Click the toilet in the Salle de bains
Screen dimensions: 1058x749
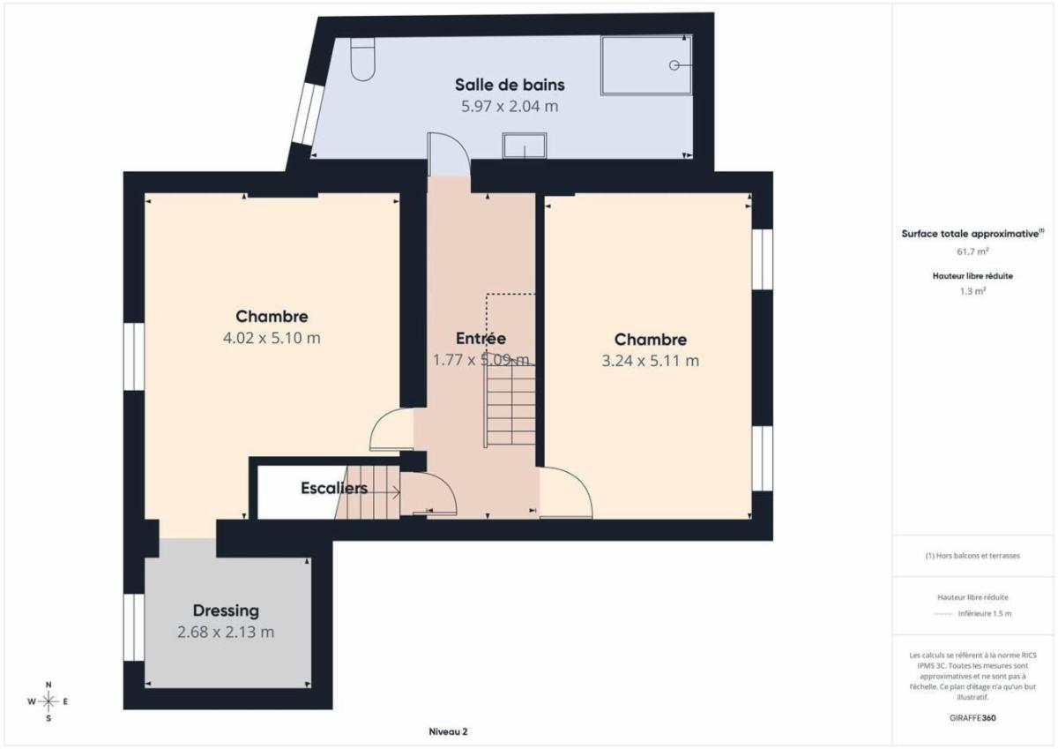coord(362,59)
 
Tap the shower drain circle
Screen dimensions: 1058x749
coord(674,65)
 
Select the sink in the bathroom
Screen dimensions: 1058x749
coord(525,146)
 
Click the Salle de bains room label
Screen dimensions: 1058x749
coord(510,85)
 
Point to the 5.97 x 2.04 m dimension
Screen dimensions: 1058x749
coord(510,107)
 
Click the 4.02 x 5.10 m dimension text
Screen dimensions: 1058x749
coord(272,338)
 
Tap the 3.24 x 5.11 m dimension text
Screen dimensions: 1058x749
coord(650,361)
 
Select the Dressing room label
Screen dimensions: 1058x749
coord(226,610)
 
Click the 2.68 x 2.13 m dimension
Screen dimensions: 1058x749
coord(226,632)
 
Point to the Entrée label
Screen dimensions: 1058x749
coord(481,339)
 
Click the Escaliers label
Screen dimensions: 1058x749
coord(334,488)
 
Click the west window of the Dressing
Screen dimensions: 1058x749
coord(134,627)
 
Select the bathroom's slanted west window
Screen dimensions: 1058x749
coord(307,114)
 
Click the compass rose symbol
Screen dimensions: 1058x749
coord(48,701)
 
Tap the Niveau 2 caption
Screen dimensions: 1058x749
coord(448,731)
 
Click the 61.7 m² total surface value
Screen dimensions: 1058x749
coord(972,251)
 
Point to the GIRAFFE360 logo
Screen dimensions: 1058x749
coord(972,718)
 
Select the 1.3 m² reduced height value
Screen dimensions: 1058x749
coord(972,291)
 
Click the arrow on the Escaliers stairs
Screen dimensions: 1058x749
coord(378,492)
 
